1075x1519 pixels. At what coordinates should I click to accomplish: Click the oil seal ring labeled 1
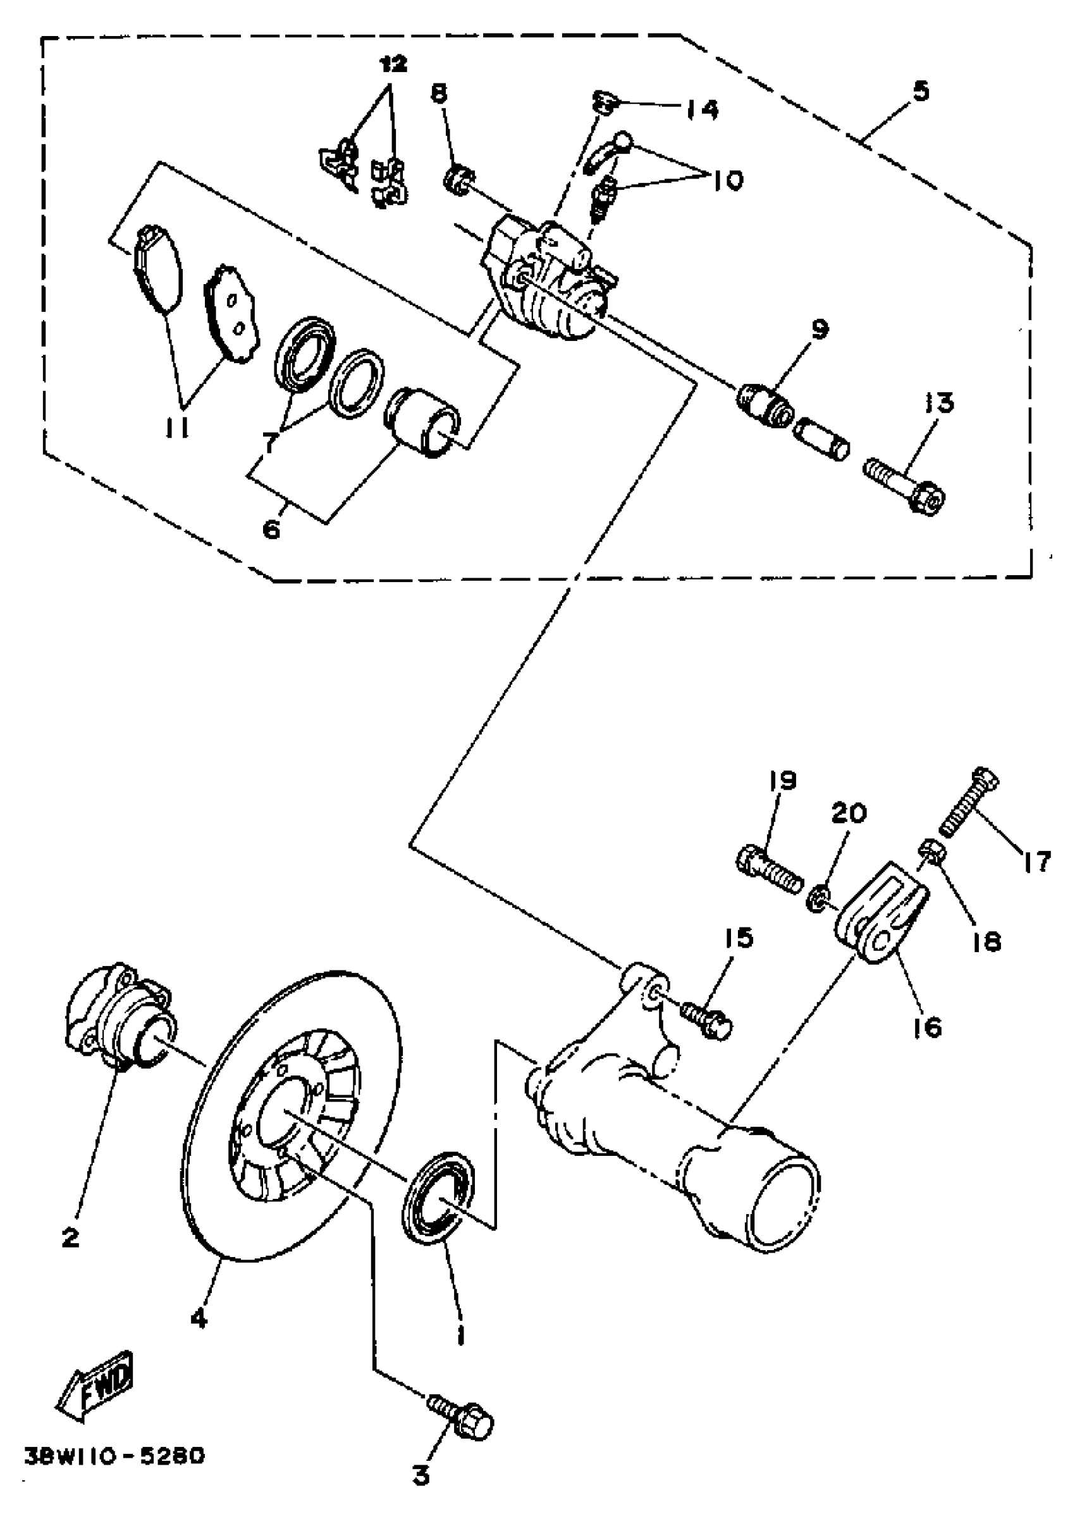pos(436,1204)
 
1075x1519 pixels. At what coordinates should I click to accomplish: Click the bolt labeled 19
pos(768,870)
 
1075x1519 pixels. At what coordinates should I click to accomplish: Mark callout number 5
pos(921,90)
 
